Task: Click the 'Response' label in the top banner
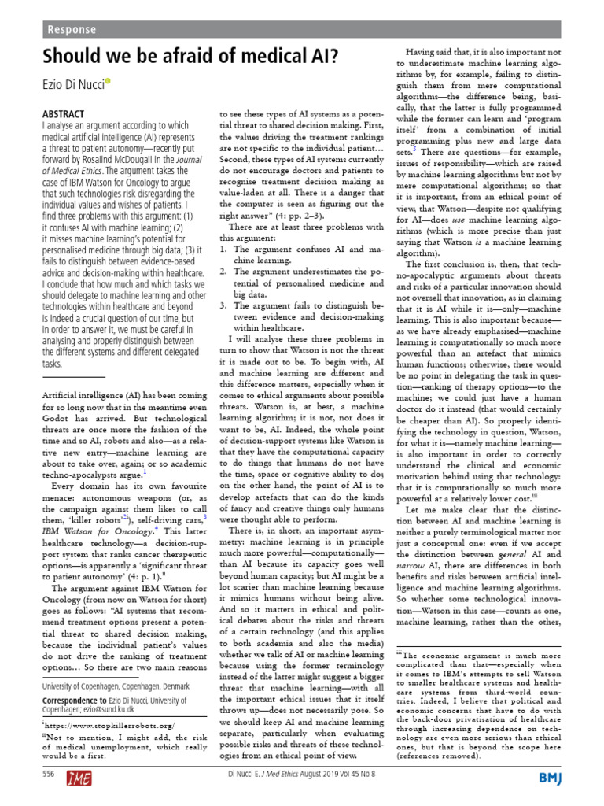coord(72,30)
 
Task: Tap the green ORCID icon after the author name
coord(109,82)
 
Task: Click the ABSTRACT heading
coord(62,113)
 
